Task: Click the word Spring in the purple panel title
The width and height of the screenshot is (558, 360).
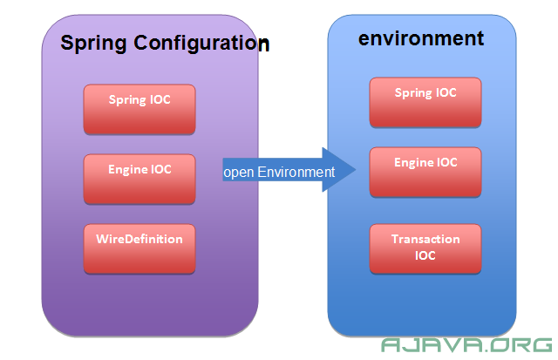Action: [x=93, y=44]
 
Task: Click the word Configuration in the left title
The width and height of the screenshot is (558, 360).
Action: [x=201, y=44]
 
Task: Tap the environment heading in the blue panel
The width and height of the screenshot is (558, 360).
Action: [x=421, y=38]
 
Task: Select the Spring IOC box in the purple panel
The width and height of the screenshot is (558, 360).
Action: [x=139, y=109]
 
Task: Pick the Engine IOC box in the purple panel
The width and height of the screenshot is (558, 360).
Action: [x=139, y=179]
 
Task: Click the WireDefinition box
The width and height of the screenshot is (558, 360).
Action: [x=139, y=248]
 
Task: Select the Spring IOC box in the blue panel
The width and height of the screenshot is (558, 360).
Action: [x=425, y=103]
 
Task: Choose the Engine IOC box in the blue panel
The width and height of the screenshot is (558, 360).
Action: [x=425, y=173]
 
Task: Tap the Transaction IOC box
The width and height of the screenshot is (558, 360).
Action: [x=425, y=248]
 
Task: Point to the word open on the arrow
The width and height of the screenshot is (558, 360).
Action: [x=238, y=173]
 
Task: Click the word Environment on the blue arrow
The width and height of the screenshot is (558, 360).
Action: [x=296, y=173]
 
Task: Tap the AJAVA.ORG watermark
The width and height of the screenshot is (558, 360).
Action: [x=466, y=345]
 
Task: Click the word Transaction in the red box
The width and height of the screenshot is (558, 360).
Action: [x=425, y=239]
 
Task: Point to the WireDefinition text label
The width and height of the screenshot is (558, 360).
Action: [x=139, y=239]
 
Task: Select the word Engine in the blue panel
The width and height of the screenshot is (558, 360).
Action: [x=412, y=163]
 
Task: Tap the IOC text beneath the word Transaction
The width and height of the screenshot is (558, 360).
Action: [x=425, y=255]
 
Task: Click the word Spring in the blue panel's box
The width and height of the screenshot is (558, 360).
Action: [x=412, y=93]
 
